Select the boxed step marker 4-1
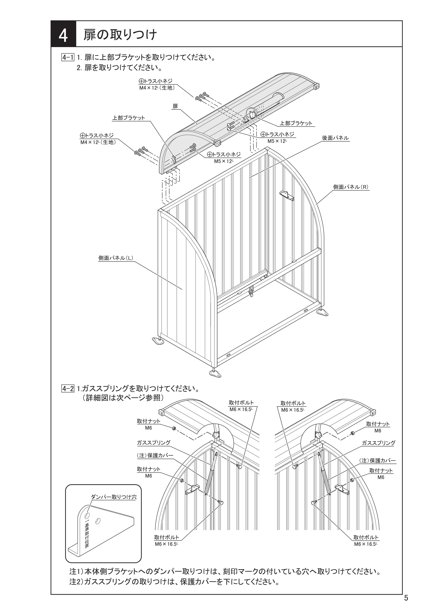(x=68, y=57)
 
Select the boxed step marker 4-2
(x=68, y=388)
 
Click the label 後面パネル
(x=335, y=138)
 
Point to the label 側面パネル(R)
(x=351, y=187)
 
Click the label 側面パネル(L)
(x=116, y=258)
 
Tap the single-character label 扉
(x=175, y=106)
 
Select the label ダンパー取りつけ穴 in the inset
(x=114, y=497)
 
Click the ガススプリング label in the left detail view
(x=154, y=443)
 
